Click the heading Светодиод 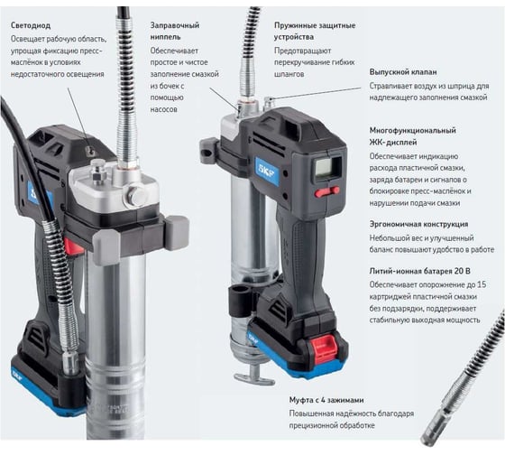[x=31, y=25]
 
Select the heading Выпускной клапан [x=403, y=72]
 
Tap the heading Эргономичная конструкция [x=418, y=224]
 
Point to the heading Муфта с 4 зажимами [x=326, y=400]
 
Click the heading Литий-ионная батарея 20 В [x=419, y=271]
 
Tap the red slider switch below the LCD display [x=327, y=191]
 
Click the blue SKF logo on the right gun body [x=267, y=171]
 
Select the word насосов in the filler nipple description [x=163, y=109]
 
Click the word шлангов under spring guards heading [x=289, y=74]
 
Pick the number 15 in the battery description [x=482, y=284]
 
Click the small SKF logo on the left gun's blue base [x=16, y=376]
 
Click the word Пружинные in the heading [x=292, y=25]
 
